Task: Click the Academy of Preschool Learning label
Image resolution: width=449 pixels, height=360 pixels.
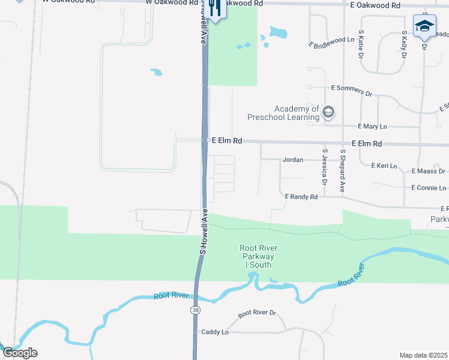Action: tap(297, 112)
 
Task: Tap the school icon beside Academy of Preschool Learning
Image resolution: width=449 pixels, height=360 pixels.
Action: tap(328, 112)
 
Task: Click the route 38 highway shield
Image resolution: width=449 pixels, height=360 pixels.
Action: tap(196, 310)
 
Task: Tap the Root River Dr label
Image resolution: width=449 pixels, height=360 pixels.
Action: tap(256, 313)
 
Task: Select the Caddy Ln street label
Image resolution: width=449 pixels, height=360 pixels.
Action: tap(215, 332)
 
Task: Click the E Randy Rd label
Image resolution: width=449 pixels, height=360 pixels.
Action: tap(301, 197)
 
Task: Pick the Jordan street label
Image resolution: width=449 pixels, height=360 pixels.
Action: tap(292, 160)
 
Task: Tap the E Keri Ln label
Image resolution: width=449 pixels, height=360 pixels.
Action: tap(384, 165)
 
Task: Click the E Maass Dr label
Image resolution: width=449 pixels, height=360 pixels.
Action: tap(428, 172)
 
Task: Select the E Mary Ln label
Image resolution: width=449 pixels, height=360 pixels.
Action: tap(372, 127)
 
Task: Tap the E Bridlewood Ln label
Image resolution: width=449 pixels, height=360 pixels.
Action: tap(332, 42)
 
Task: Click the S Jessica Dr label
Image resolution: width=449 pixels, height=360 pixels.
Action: tap(324, 166)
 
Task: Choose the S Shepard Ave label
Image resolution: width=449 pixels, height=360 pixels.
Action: tap(343, 170)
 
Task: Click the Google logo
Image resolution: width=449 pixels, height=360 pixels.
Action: tap(20, 353)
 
